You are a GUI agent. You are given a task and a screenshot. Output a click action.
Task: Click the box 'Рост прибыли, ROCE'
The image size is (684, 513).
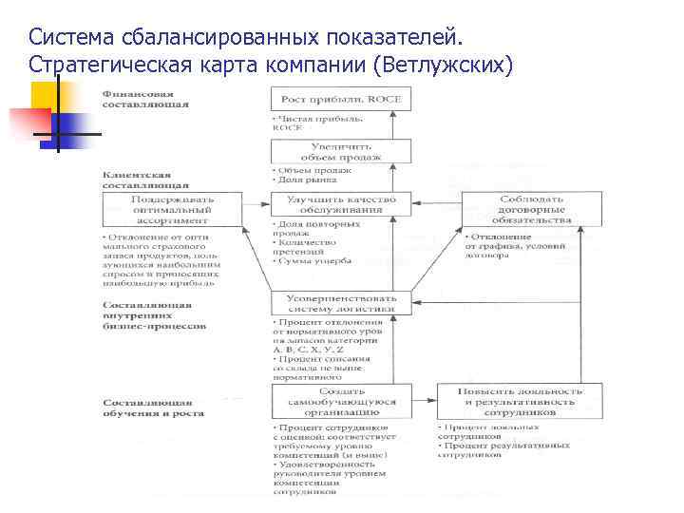[342, 99]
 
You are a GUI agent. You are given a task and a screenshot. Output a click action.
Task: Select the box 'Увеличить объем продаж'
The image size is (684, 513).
[342, 151]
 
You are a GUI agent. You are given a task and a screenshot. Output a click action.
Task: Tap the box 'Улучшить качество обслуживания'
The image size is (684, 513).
[342, 204]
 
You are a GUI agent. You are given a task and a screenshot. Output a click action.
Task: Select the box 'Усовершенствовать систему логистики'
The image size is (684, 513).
[342, 302]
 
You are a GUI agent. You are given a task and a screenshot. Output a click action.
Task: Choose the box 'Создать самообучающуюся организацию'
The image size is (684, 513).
[342, 401]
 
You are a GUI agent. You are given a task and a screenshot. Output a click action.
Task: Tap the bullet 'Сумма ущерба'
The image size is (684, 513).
[313, 259]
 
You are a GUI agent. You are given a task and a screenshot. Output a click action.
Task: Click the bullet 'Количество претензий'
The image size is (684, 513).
[310, 245]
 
